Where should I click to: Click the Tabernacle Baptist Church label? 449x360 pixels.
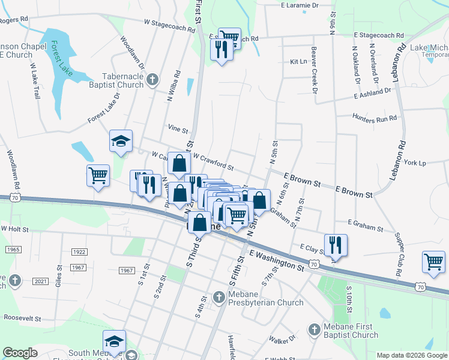[114, 80]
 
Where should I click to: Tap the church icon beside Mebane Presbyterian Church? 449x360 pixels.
[219, 296]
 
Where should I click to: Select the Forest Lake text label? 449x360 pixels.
[62, 58]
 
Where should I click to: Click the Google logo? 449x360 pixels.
[20, 353]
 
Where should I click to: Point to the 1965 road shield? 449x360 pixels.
[13, 249]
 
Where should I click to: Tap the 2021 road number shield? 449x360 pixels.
[41, 281]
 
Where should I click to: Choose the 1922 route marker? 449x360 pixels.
[79, 252]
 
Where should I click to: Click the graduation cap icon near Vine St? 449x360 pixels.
[121, 142]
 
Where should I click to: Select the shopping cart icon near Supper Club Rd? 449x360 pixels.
[433, 262]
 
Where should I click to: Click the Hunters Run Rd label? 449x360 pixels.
[375, 118]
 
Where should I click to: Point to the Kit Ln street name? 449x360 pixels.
[298, 62]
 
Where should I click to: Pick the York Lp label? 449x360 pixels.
[415, 163]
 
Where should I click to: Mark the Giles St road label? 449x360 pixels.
[58, 277]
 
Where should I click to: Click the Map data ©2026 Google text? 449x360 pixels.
[411, 355]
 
